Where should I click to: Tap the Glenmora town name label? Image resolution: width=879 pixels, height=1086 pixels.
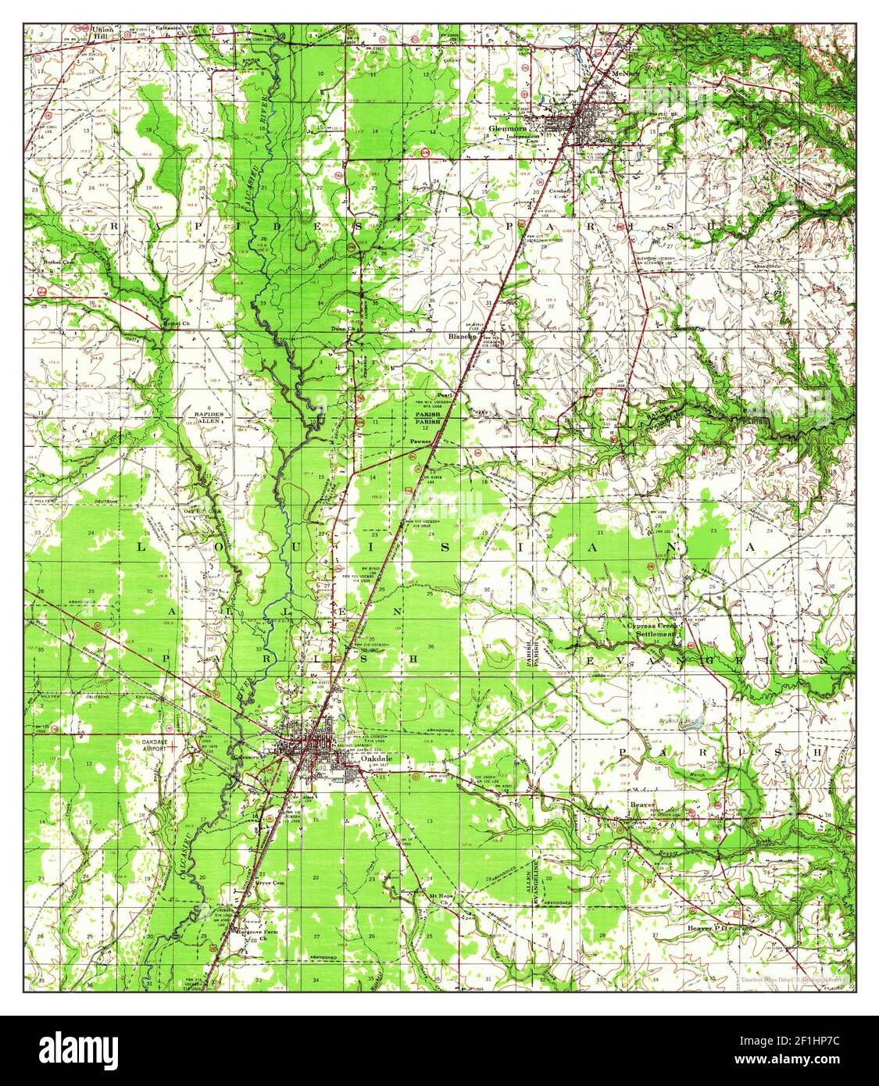tap(529, 130)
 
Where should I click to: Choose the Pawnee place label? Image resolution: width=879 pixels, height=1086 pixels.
tap(420, 441)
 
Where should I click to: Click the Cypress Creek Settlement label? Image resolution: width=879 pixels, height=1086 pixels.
tap(655, 630)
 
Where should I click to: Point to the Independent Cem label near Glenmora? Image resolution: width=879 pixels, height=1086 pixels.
tap(523, 138)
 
